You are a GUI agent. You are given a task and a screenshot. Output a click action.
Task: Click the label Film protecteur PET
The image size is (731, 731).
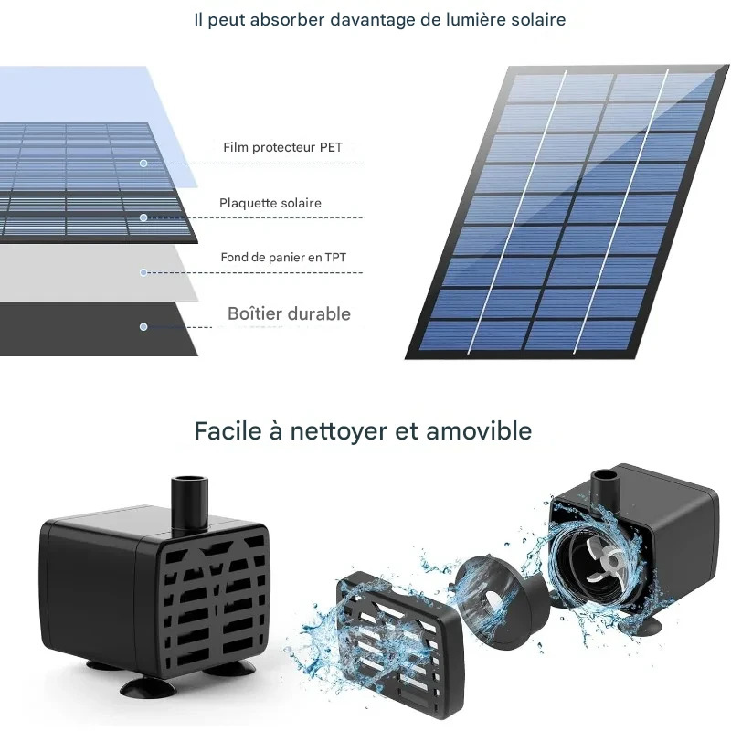tap(282, 147)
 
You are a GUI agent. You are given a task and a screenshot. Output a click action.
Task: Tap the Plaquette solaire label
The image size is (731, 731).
tap(270, 203)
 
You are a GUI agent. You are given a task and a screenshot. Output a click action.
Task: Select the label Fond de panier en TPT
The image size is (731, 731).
tap(283, 258)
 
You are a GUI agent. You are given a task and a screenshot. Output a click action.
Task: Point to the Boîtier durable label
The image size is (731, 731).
tap(289, 313)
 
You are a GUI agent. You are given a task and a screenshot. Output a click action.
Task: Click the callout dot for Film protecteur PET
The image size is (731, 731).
tap(143, 164)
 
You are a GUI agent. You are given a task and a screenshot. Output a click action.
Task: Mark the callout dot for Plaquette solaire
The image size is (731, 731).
tap(143, 217)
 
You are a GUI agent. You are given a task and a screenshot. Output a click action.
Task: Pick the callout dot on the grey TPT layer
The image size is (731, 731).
tap(143, 272)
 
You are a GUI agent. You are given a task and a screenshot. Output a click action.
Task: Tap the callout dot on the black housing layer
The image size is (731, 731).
tap(143, 327)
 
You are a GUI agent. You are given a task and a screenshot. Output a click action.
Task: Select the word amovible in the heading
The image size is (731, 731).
tap(479, 430)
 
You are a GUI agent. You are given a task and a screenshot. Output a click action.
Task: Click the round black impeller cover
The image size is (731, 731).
tap(499, 601)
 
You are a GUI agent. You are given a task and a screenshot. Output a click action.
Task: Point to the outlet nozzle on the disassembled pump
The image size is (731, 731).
tap(604, 490)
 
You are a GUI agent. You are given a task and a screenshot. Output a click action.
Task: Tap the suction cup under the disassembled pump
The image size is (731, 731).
tap(641, 625)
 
